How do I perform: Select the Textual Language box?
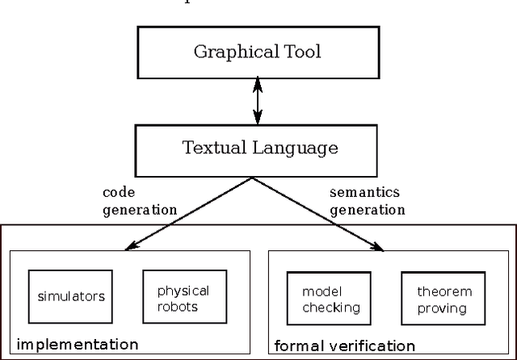[x=258, y=149]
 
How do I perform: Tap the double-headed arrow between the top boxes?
[x=258, y=101]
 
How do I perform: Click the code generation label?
[x=139, y=201]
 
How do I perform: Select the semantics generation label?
[x=368, y=201]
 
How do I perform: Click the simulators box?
[x=71, y=296]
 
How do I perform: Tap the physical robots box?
[x=183, y=299]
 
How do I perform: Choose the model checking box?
[x=330, y=299]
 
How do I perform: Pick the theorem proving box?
[x=442, y=299]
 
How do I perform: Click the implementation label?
[x=78, y=345]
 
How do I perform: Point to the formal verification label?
[x=345, y=346]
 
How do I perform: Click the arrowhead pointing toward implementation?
[x=127, y=245]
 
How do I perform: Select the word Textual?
[x=212, y=149]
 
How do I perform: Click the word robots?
[x=183, y=307]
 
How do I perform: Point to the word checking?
[x=330, y=308]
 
